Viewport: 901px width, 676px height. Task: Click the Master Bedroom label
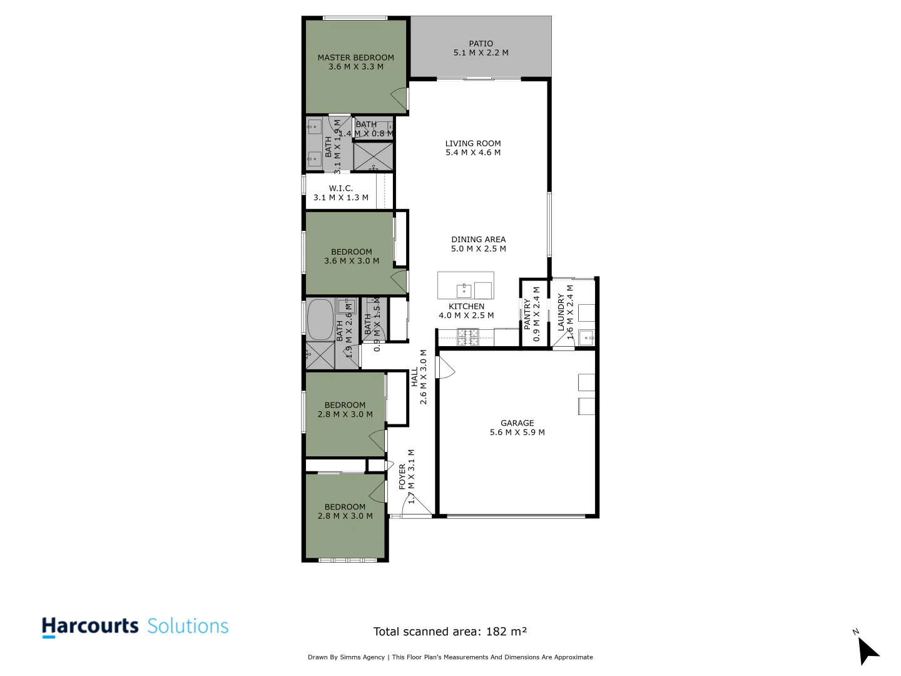point(355,58)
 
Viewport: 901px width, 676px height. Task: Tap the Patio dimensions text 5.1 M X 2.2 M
point(481,53)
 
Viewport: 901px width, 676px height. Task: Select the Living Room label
point(473,143)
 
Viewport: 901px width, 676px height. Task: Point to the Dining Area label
point(478,239)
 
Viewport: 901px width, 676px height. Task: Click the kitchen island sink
point(464,290)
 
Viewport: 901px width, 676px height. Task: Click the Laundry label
point(561,312)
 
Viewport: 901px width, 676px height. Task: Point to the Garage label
point(517,423)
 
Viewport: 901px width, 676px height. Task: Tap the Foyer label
point(402,476)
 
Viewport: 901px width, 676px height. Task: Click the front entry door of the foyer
point(417,506)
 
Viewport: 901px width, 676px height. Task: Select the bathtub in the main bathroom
point(320,319)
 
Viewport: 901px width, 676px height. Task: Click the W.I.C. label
point(340,188)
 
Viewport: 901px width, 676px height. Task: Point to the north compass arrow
point(867,651)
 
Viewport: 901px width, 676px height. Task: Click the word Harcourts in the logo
point(90,626)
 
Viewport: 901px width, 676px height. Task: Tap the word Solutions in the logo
point(188,626)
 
